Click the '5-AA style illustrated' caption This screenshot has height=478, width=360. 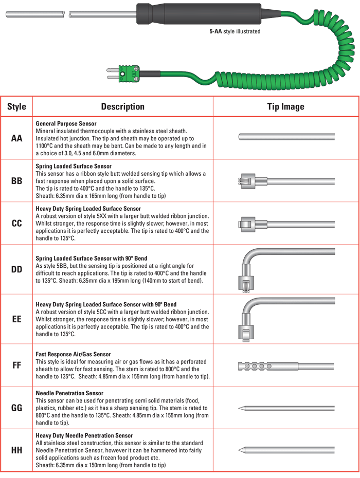click(235, 31)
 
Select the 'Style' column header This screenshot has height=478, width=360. click(16, 106)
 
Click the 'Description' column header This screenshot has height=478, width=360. click(122, 106)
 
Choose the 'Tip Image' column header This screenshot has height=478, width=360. click(285, 106)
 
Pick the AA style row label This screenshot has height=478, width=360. click(16, 138)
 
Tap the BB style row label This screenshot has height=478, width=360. click(16, 181)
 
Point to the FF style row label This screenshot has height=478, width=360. click(16, 365)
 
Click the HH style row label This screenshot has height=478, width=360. click(16, 450)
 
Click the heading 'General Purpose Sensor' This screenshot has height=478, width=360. click(66, 123)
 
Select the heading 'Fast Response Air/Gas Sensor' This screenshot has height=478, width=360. click(73, 354)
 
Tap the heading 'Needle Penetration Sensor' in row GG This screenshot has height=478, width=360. click(69, 393)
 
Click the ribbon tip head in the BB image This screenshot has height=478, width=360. click(246, 181)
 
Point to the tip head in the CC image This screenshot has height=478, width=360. click(246, 224)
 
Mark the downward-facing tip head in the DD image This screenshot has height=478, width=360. click(246, 284)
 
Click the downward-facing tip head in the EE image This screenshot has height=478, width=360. click(246, 333)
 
